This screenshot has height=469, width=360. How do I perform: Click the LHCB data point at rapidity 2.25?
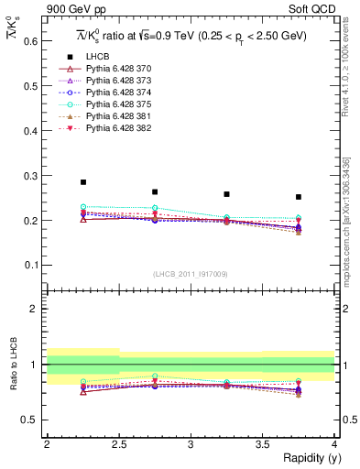[83, 182]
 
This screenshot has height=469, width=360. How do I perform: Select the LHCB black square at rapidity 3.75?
[299, 197]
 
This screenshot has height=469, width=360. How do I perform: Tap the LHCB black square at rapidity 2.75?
[155, 192]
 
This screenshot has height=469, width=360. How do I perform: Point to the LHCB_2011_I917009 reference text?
[190, 274]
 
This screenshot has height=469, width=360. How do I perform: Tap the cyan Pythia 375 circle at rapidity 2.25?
[83, 207]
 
